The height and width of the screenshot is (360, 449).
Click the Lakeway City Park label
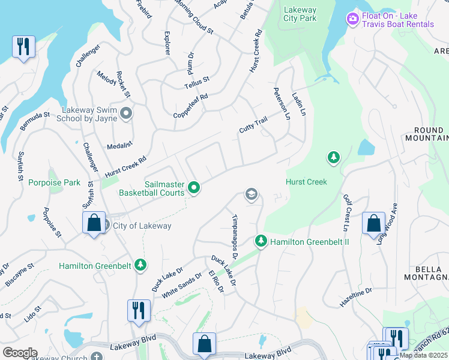click(x=300, y=14)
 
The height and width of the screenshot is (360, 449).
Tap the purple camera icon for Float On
click(x=352, y=19)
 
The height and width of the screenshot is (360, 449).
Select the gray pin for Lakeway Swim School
click(x=126, y=113)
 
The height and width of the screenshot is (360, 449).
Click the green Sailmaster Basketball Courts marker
click(x=194, y=188)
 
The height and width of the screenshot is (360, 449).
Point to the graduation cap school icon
click(x=251, y=194)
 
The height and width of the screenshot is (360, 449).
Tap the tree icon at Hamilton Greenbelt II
click(x=261, y=241)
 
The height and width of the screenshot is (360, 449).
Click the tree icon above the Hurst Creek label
click(x=333, y=158)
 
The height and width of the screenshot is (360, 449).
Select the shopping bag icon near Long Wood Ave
click(x=373, y=223)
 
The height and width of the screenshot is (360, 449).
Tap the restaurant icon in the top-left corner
click(x=23, y=46)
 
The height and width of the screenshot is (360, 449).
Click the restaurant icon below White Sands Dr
click(x=139, y=310)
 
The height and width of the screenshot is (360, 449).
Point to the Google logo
click(x=19, y=353)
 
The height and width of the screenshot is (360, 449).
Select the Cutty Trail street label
click(x=253, y=126)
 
